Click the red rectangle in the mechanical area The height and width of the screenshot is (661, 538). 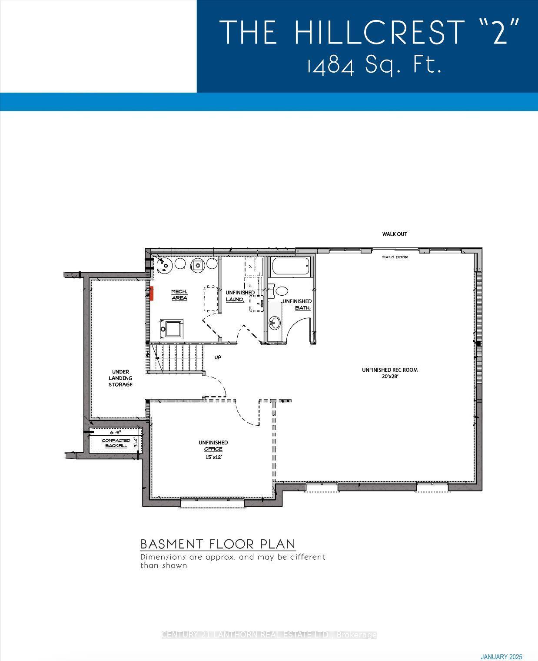152,294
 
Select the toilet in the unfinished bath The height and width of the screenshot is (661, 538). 281,291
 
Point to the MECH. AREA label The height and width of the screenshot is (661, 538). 179,294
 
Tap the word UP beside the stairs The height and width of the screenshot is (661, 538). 218,357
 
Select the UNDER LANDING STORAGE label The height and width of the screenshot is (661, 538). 120,378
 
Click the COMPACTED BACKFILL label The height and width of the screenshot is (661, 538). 116,443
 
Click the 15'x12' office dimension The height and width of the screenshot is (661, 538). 213,457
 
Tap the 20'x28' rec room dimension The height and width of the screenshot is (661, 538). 389,376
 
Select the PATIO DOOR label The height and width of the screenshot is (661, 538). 395,257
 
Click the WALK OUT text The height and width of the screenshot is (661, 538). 395,234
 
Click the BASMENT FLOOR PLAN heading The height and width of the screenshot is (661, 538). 218,544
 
